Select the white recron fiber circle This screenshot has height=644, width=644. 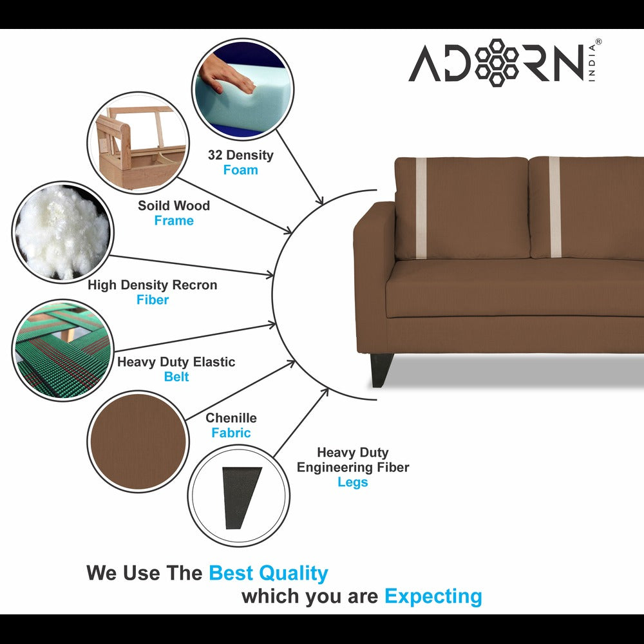pos(63,232)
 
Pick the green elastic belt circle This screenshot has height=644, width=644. pos(63,350)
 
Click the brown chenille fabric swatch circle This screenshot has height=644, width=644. pos(138,441)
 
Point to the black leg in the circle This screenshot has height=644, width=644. pos(241,498)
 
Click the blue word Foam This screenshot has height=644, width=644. pos(240,170)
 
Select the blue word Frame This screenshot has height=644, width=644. pos(173,220)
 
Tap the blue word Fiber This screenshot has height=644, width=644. pos(153,299)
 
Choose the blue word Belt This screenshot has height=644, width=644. pos(176,377)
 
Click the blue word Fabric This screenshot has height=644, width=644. pos(231,433)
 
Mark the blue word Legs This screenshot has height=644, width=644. pos(352,482)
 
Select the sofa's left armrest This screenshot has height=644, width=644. pos(374,270)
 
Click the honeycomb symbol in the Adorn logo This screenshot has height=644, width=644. pos(497,62)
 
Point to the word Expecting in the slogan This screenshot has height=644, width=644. pos(433,596)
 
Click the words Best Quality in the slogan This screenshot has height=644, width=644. pos(269,573)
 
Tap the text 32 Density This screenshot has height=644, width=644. pos(240,155)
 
